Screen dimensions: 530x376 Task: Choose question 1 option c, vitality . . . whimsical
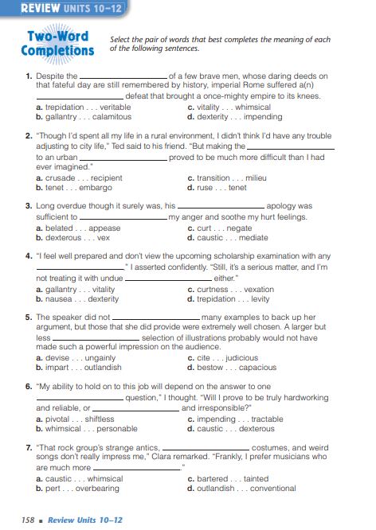point(229,107)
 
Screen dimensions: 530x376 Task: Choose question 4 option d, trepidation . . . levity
point(229,299)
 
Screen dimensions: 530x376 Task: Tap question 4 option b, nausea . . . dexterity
point(76,299)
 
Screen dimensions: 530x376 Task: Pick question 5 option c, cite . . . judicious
point(222,358)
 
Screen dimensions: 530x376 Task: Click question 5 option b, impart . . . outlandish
point(78,368)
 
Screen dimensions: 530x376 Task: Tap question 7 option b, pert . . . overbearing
point(77,489)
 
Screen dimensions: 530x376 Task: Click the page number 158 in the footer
point(29,519)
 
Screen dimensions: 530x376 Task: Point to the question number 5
point(28,317)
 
